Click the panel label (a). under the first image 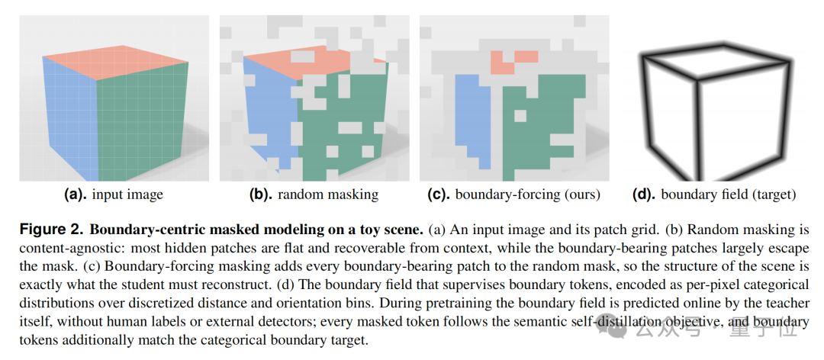[x=76, y=195]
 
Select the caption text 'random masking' [x=328, y=195]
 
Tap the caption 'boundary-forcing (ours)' [x=528, y=195]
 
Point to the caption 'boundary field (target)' [x=729, y=195]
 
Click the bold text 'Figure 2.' [x=48, y=230]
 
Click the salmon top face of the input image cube [x=116, y=61]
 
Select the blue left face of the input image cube [x=70, y=118]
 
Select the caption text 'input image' [x=127, y=195]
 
